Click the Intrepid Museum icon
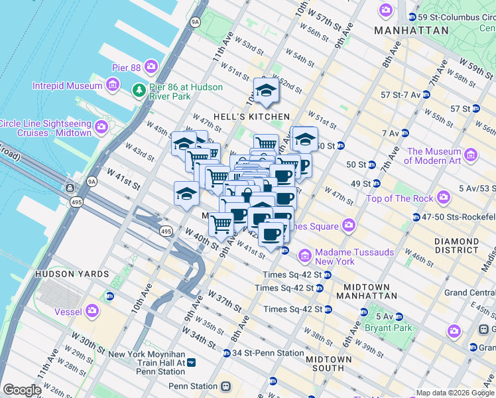[x=111, y=85]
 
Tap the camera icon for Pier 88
[x=152, y=66]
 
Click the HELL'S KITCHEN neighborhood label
[x=251, y=117]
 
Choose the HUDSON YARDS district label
[x=71, y=274]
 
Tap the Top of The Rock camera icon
[x=443, y=198]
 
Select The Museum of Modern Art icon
[x=471, y=155]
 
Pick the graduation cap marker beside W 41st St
[x=186, y=194]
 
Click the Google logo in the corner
[x=22, y=390]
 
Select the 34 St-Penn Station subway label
[x=268, y=353]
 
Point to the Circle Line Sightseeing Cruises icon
[x=101, y=127]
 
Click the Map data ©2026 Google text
[x=454, y=393]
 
